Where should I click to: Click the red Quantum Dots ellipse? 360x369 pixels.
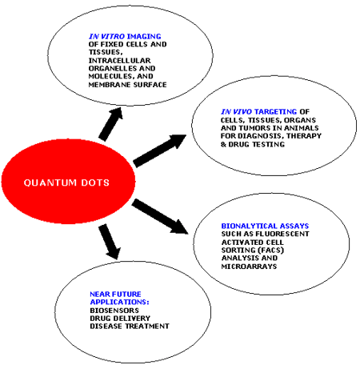(68, 182)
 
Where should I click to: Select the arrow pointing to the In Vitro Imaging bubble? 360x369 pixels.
(110, 124)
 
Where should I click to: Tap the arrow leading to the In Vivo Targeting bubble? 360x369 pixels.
(159, 151)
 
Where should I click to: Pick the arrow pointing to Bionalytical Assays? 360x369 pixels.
(160, 216)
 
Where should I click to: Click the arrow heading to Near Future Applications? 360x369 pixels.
(110, 242)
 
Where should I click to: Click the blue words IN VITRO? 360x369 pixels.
(106, 36)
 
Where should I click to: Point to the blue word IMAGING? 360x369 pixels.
(144, 36)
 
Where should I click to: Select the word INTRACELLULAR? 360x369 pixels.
(119, 61)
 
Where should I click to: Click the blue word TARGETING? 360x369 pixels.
(276, 111)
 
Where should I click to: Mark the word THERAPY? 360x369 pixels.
(304, 136)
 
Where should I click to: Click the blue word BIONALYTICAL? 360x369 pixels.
(248, 226)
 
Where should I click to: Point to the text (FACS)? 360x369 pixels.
(271, 251)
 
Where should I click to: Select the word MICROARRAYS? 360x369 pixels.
(249, 267)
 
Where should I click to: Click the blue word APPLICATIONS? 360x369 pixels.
(119, 302)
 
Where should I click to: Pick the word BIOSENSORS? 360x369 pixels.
(114, 311)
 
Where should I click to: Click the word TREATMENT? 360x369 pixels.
(147, 327)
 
